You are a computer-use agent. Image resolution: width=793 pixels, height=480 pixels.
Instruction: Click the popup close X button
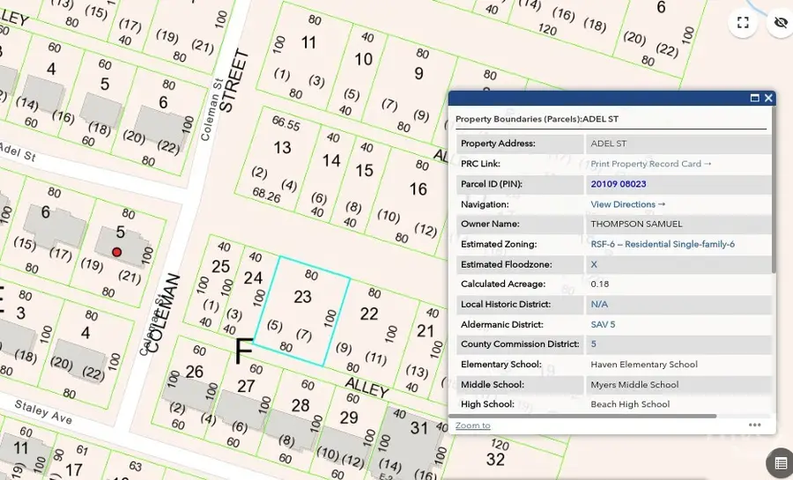point(768,99)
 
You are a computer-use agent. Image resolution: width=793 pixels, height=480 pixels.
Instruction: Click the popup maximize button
point(754,99)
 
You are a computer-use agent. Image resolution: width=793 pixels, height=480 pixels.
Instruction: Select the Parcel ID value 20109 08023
point(619,184)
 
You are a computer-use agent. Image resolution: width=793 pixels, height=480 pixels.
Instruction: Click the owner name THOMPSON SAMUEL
point(636,225)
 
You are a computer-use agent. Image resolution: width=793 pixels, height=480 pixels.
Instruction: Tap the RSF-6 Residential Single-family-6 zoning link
point(662,245)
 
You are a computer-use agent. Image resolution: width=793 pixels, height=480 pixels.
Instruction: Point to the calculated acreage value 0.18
point(599,284)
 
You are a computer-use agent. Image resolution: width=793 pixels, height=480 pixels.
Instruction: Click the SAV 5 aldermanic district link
point(603,324)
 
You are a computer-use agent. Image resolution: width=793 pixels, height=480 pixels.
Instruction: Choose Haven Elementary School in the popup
point(643,365)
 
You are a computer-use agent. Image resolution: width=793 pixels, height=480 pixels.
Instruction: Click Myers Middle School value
point(634,385)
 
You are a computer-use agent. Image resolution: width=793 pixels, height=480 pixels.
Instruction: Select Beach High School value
point(630,405)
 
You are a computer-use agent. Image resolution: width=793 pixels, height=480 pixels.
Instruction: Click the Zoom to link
point(472,425)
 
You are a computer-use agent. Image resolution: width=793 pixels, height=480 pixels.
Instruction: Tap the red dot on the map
point(116,253)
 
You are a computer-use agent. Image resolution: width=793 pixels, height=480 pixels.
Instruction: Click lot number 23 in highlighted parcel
point(302,298)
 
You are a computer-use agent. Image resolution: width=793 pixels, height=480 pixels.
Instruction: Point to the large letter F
point(244,351)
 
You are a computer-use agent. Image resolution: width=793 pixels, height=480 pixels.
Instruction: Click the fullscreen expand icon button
point(743,23)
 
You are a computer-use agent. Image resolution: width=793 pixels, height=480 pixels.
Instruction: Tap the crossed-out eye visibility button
point(781,23)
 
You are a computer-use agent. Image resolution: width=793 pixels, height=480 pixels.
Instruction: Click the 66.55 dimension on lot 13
point(286,123)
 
